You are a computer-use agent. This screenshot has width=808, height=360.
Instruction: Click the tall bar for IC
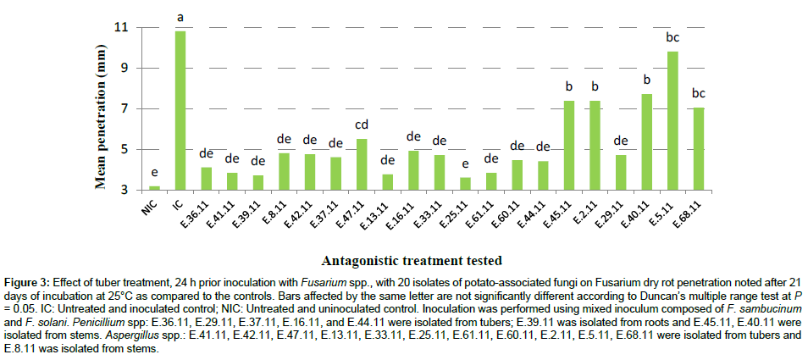tap(180, 110)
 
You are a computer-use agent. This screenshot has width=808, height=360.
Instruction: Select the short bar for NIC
tap(154, 187)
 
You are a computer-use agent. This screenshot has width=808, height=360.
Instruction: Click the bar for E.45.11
tap(570, 145)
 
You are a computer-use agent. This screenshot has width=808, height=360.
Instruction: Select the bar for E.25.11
tap(466, 183)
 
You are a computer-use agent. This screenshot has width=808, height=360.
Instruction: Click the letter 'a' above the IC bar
tap(180, 17)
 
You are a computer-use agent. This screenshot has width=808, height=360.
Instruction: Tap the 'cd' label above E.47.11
tap(362, 125)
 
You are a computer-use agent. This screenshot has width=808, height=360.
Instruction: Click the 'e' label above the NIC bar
tap(154, 171)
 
